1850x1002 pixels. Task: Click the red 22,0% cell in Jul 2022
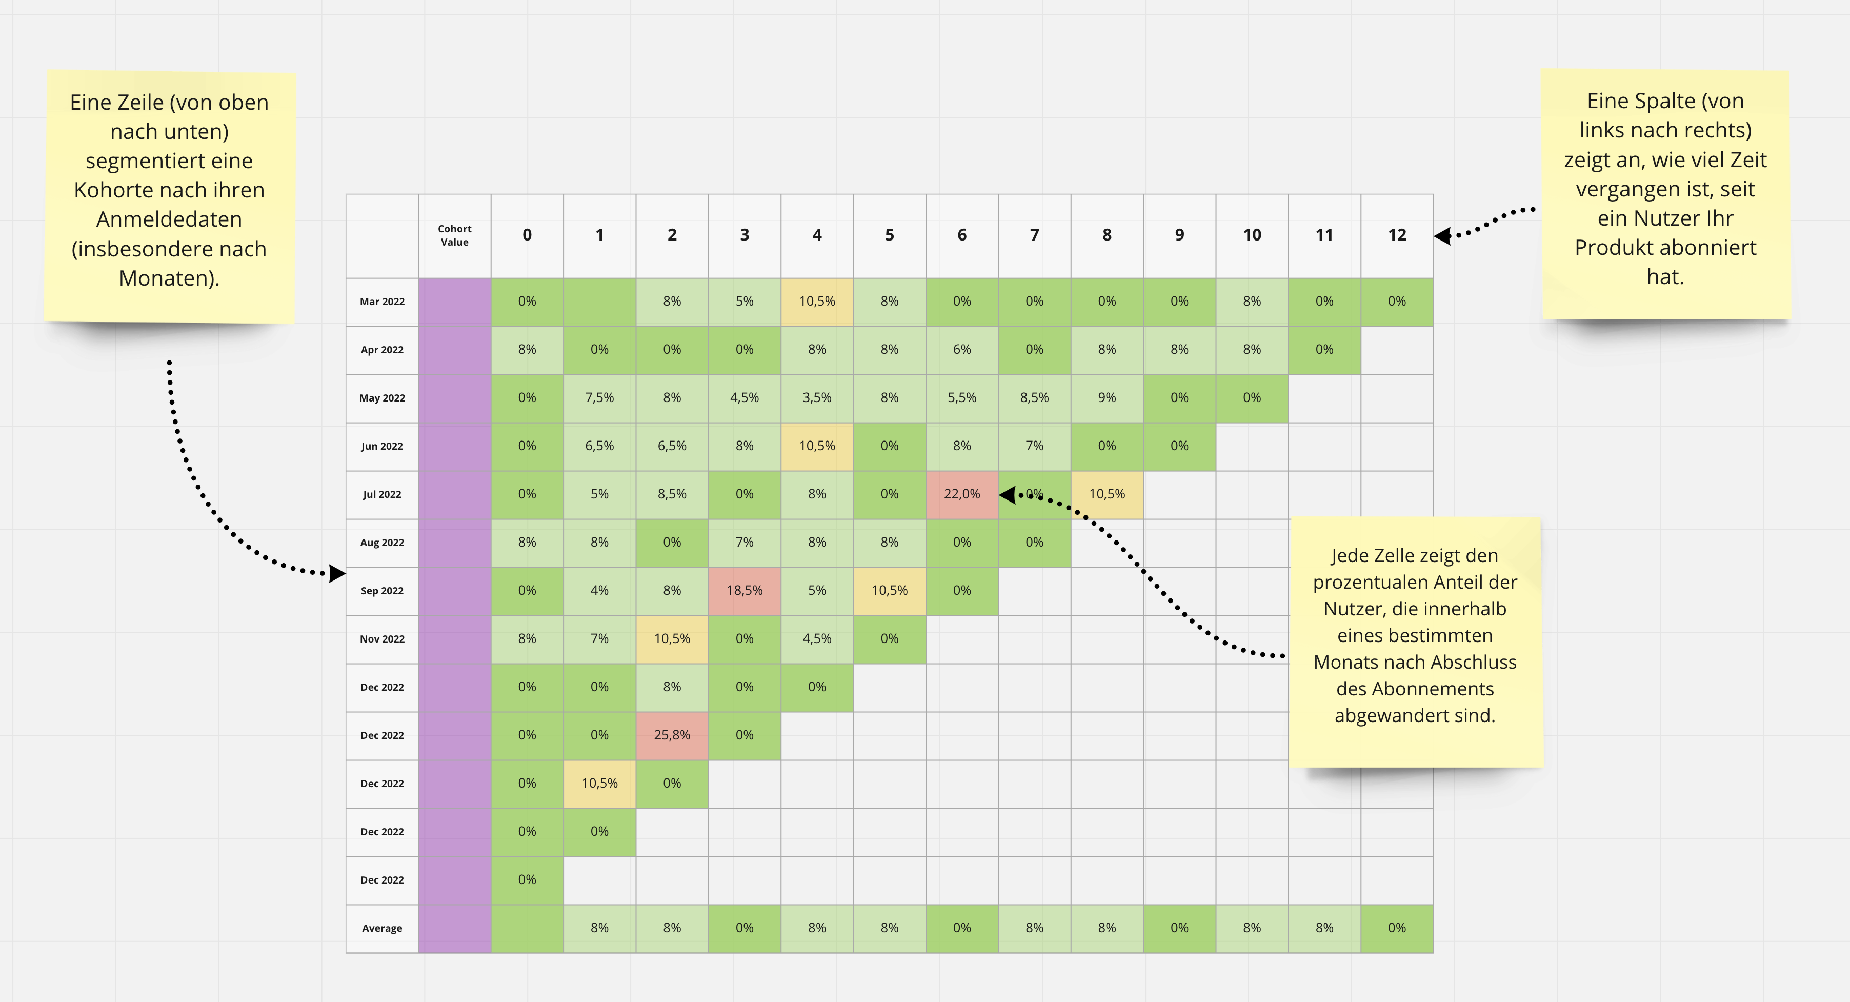click(961, 494)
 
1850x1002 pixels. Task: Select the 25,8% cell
click(672, 735)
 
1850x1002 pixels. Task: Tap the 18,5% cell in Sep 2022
click(744, 590)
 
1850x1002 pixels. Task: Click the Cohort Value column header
click(455, 235)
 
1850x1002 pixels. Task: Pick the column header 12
click(1396, 235)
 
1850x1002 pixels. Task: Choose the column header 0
click(527, 235)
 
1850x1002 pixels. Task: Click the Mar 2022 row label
click(382, 302)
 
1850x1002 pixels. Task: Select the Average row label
click(382, 928)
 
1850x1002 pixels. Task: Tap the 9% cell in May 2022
click(1107, 398)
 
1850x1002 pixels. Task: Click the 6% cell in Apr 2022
click(961, 350)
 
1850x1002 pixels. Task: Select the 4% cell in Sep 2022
click(600, 590)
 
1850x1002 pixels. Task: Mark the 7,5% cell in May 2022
click(600, 398)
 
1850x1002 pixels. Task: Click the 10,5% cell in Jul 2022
click(1107, 494)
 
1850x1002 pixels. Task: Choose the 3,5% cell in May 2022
click(817, 398)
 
